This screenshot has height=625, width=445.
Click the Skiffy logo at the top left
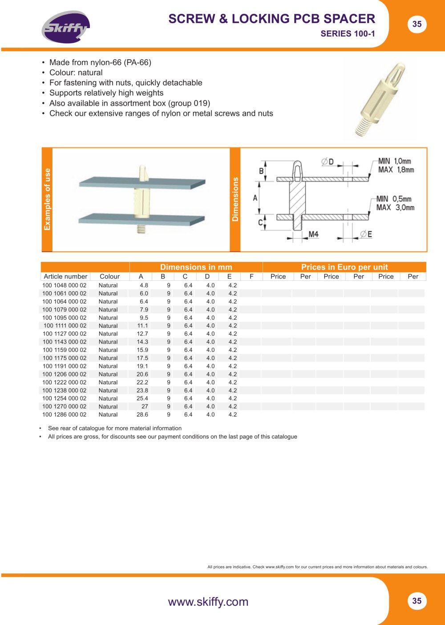(x=66, y=27)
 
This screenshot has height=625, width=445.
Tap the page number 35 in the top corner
(x=417, y=24)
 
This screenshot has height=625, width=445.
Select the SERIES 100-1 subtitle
(x=348, y=34)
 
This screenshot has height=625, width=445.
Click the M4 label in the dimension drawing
(x=313, y=234)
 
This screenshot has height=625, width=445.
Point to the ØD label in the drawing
(x=328, y=162)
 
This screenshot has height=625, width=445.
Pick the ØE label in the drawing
(x=366, y=234)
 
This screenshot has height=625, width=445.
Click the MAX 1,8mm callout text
(x=396, y=170)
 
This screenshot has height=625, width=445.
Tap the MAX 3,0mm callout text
(x=396, y=208)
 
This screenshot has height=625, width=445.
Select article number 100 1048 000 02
(x=65, y=286)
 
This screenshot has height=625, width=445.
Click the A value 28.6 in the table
(x=142, y=415)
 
